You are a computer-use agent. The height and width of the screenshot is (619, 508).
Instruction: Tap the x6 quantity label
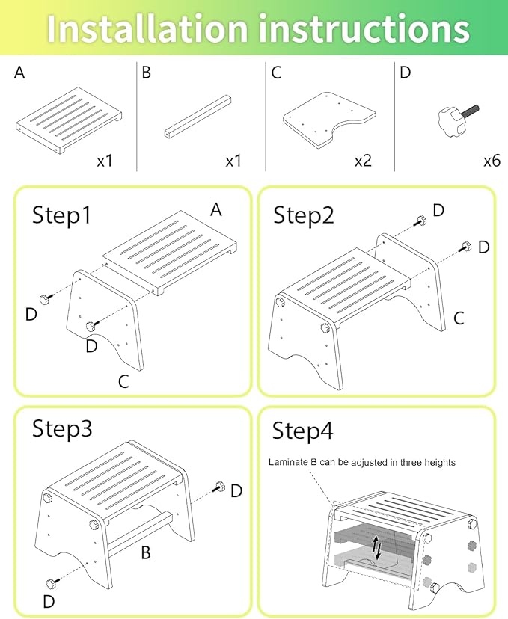[x=492, y=160]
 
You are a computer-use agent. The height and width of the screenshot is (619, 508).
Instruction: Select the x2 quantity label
[x=364, y=160]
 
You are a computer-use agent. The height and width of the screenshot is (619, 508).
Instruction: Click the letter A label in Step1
[x=216, y=210]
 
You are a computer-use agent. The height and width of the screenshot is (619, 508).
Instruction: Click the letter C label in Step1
[x=124, y=381]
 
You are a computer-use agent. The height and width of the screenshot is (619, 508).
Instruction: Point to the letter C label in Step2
[x=459, y=318]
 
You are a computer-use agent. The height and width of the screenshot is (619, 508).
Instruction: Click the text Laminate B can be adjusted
[x=362, y=463]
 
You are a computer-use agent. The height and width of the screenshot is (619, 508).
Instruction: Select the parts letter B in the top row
[x=146, y=73]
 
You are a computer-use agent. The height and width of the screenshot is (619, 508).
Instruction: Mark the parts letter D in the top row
[x=405, y=73]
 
